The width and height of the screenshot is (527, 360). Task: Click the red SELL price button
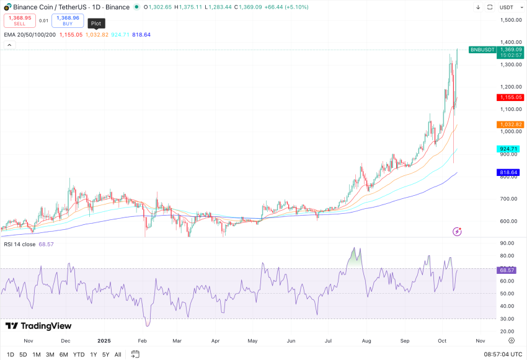19,20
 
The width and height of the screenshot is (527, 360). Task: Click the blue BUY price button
68,20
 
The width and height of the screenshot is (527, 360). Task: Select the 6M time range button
64,354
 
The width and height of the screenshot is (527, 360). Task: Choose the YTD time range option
79,354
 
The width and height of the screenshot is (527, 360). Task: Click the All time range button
118,354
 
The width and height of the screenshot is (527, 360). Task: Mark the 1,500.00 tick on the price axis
511,20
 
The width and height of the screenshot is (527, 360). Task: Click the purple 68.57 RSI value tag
507,270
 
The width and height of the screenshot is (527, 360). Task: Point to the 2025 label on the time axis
104,341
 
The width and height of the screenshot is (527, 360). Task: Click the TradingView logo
38,326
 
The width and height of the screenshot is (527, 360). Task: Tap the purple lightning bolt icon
458,231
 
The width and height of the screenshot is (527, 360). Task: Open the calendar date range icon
135,354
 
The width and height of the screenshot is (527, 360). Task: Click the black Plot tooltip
96,24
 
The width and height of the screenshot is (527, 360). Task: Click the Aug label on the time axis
366,341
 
